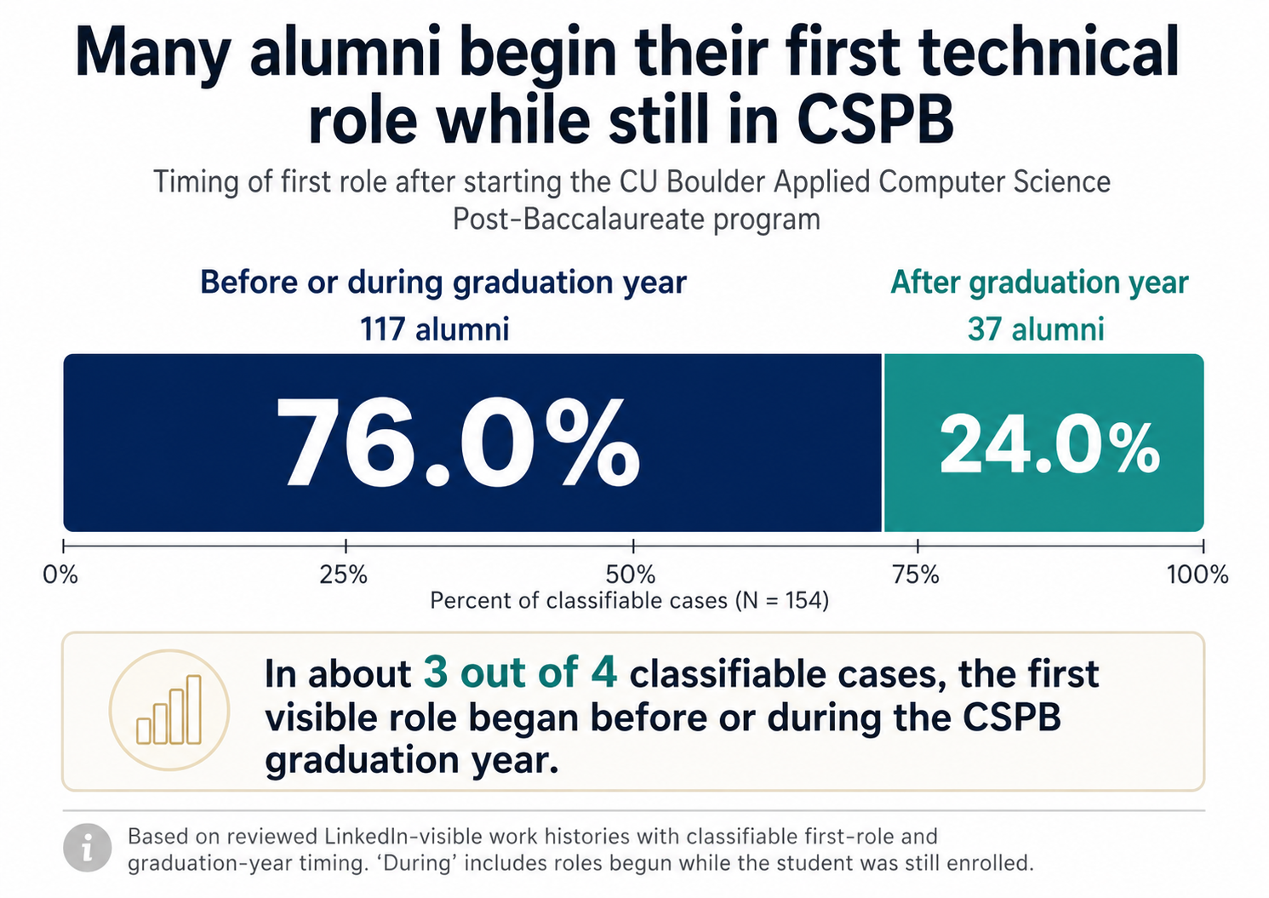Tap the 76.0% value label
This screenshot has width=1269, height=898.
tap(457, 442)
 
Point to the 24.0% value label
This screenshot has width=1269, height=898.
tap(1049, 446)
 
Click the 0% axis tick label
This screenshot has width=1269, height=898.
tap(60, 575)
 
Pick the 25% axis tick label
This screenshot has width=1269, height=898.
tap(344, 575)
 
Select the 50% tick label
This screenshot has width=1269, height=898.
tap(632, 575)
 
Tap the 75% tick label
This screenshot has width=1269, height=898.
tap(916, 575)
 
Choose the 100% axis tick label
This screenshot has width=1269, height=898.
tap(1198, 575)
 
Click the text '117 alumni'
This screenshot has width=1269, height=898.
tap(434, 329)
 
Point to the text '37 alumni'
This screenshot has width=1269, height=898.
tap(1036, 329)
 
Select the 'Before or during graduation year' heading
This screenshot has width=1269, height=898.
tap(443, 283)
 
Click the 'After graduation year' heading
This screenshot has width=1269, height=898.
tap(1039, 283)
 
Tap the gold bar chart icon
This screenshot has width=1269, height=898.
tap(169, 710)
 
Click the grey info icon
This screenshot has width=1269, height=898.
tap(88, 848)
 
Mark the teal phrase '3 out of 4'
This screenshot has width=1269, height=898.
tap(520, 673)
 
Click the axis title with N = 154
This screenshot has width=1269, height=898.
tap(629, 601)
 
